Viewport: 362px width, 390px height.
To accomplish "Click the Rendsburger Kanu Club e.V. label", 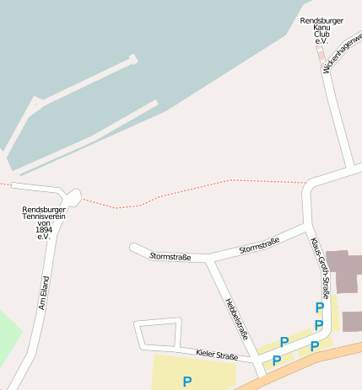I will [321, 30].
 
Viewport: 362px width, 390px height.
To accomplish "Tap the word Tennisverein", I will [44, 216].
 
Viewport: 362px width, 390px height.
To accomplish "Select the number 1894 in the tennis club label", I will [44, 230].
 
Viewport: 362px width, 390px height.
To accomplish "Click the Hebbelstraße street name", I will [236, 319].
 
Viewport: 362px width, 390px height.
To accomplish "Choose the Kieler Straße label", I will [216, 355].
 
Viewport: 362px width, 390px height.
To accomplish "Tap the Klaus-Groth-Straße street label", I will [320, 266].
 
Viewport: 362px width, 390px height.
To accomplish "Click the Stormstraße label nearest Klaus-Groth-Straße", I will [259, 245].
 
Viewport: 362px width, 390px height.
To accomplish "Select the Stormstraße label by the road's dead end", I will [170, 256].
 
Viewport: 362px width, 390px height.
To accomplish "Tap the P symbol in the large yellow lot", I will [186, 381].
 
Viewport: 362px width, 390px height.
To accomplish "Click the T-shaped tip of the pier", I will [132, 60].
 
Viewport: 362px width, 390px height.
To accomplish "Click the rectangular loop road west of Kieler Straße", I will [159, 334].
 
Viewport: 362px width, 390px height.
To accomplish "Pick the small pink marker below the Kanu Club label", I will [321, 53].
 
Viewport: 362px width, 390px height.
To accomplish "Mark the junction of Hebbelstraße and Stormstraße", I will [210, 260].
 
